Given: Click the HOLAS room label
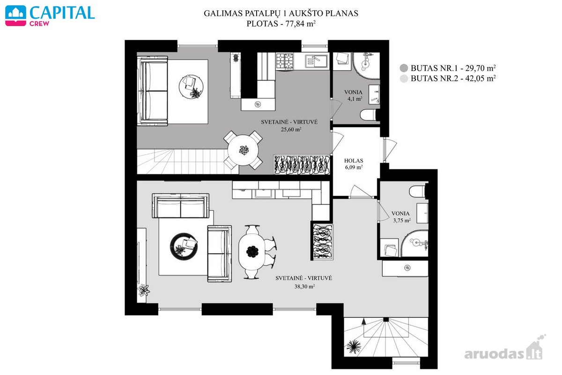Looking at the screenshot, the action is tap(354, 160).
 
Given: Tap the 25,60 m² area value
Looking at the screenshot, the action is tap(291, 129).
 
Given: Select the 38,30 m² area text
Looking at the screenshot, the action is tap(304, 286).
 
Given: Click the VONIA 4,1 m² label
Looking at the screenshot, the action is tap(354, 96).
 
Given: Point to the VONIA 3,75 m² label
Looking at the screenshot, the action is tap(401, 217).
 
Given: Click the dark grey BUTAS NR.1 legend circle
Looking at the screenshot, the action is tap(404, 68).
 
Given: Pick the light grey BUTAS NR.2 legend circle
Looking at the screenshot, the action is tap(404, 79).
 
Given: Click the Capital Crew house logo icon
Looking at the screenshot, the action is tap(15, 15).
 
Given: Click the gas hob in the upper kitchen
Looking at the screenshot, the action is tap(285, 61).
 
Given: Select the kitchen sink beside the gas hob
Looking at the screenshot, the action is tap(316, 61).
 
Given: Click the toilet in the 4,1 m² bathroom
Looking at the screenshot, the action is tap(368, 115).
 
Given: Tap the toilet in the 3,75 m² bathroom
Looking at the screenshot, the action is tap(417, 192).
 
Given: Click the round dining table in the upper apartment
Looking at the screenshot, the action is tap(243, 150).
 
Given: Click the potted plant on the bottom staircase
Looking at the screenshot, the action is tap(354, 347).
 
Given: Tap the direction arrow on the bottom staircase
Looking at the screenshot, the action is tap(363, 322).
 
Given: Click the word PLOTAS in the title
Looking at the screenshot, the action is tap(262, 23).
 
